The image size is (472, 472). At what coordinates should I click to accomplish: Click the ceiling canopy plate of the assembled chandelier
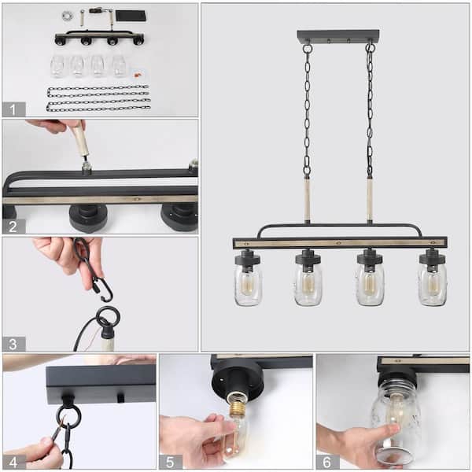pyautogui.click(x=337, y=36)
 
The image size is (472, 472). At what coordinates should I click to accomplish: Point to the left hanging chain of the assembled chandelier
pyautogui.click(x=307, y=110)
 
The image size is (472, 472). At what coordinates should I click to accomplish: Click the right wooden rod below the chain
pyautogui.click(x=369, y=200)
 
